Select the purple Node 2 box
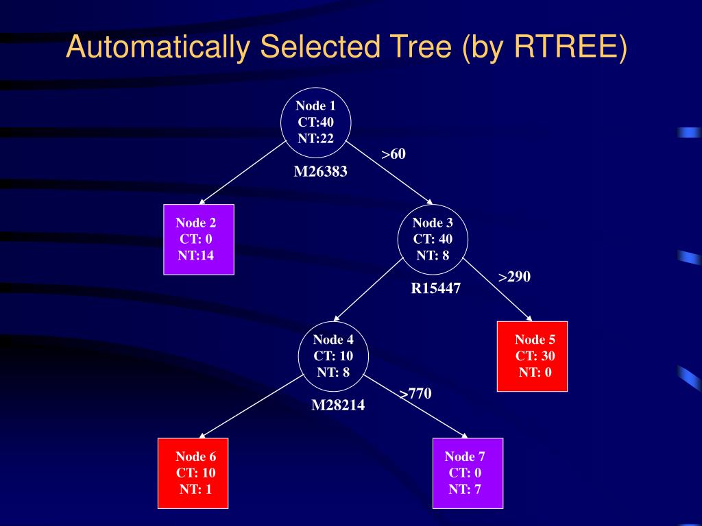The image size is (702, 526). (199, 239)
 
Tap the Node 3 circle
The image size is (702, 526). (433, 240)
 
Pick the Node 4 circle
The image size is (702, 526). (334, 356)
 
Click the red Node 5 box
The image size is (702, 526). (532, 355)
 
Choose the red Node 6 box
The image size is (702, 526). (193, 473)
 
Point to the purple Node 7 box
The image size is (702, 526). (468, 473)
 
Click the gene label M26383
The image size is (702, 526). (321, 172)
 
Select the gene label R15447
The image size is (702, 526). (436, 288)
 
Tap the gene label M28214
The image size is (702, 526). (338, 405)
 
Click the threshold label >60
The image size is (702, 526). (394, 154)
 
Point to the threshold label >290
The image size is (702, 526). (514, 277)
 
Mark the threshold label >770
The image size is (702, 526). (415, 393)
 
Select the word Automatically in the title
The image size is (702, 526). (158, 48)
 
